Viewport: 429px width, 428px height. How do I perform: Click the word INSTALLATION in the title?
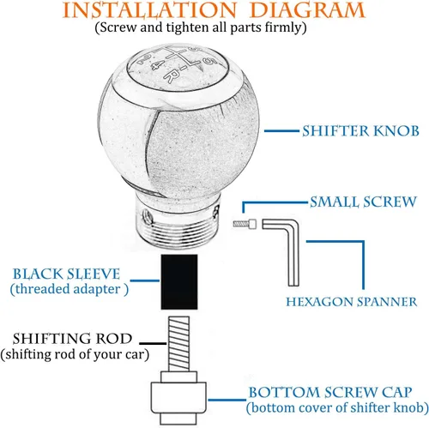click(149, 10)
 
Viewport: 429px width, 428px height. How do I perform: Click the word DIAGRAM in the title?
click(307, 10)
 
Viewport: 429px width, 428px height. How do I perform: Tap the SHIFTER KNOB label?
click(360, 131)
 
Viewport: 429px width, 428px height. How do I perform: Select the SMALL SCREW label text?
click(363, 202)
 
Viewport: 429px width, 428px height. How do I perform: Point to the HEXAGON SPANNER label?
click(352, 302)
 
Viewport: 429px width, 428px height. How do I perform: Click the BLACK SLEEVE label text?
click(66, 274)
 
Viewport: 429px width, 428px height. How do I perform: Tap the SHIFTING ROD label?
click(72, 339)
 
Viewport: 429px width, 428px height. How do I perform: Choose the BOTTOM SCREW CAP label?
click(330, 392)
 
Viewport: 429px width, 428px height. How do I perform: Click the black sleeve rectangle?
click(179, 282)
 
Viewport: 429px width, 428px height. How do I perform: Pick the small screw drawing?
click(245, 224)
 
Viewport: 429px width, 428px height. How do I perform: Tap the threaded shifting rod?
click(178, 344)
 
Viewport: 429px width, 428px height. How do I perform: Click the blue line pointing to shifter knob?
click(281, 131)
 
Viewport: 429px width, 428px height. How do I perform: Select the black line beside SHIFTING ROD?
click(153, 343)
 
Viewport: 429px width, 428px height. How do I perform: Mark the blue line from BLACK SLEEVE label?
click(145, 280)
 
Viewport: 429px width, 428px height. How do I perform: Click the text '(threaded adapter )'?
click(69, 289)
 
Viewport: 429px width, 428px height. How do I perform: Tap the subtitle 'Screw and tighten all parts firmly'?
click(201, 27)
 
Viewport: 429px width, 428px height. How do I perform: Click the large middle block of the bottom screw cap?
click(178, 398)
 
